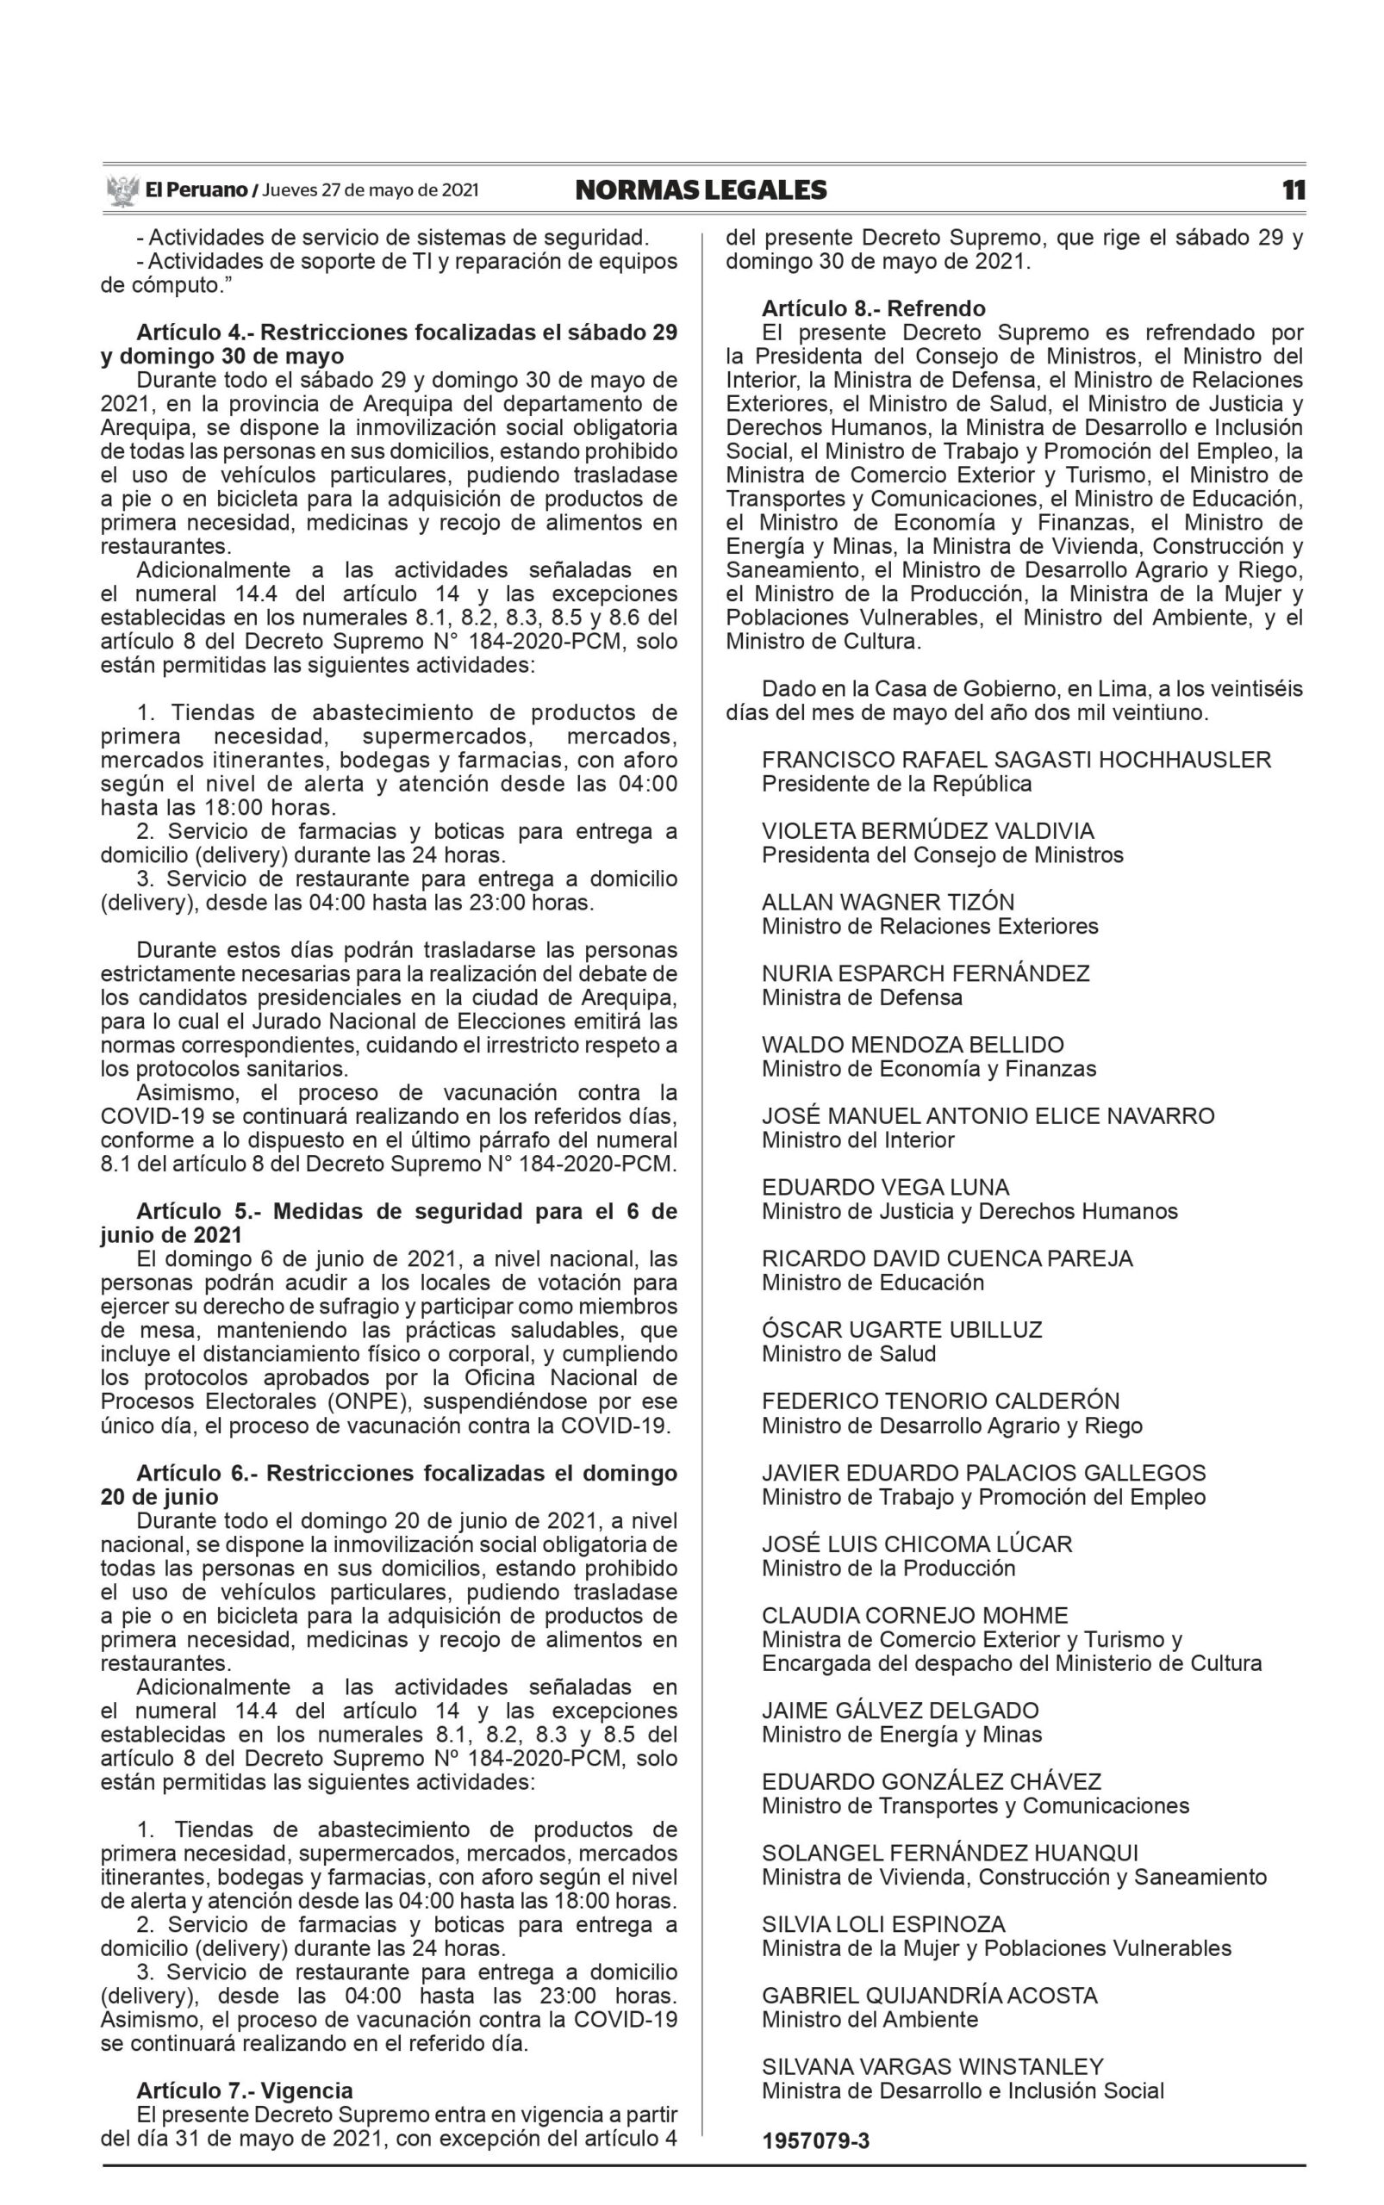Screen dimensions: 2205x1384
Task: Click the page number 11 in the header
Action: [1293, 190]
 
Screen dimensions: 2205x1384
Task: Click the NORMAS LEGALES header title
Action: [701, 190]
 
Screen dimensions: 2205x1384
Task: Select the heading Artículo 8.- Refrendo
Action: [873, 308]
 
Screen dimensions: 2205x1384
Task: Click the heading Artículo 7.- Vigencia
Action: [245, 2090]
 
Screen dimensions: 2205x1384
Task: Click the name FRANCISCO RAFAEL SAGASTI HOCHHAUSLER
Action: [1016, 761]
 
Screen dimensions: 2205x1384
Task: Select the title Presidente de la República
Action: [896, 784]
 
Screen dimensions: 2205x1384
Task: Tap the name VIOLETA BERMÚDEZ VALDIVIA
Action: [927, 832]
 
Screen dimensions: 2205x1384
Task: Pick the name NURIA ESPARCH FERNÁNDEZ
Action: [926, 973]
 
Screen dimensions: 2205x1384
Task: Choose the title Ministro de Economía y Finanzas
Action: [928, 1069]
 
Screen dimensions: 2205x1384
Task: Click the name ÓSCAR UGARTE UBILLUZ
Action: [901, 1329]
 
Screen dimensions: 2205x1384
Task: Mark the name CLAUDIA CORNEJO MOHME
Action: [914, 1615]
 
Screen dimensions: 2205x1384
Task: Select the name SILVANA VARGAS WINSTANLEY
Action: [932, 2067]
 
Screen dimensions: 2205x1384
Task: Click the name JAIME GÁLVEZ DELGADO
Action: [901, 1710]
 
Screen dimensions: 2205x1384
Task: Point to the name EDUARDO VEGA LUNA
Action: [885, 1188]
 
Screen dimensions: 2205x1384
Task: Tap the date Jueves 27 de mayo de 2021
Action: [370, 190]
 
